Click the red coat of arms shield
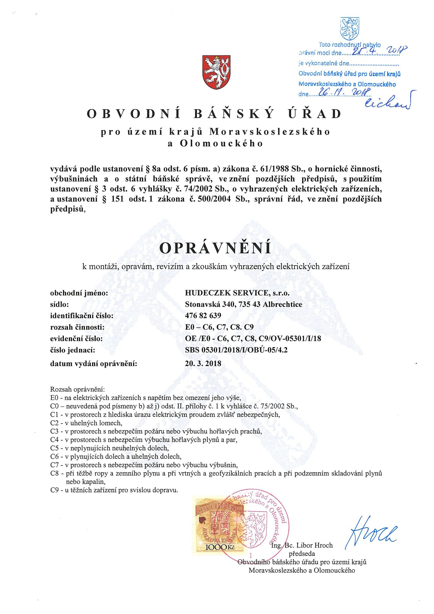click(216, 72)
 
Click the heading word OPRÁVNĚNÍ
click(215, 248)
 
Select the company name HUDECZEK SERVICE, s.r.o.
click(237, 293)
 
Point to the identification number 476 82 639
click(203, 316)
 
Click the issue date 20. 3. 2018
click(203, 363)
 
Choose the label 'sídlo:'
click(60, 304)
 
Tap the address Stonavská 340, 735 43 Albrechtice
click(243, 304)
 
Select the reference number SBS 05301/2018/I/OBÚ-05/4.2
click(236, 350)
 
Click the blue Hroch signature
click(370, 532)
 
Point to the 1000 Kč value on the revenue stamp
click(219, 548)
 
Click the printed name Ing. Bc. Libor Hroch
click(302, 545)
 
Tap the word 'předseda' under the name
click(302, 554)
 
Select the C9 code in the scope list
click(55, 490)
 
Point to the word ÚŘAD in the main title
click(314, 114)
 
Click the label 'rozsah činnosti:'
click(77, 327)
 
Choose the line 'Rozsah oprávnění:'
click(77, 389)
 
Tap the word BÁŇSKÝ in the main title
click(234, 114)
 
